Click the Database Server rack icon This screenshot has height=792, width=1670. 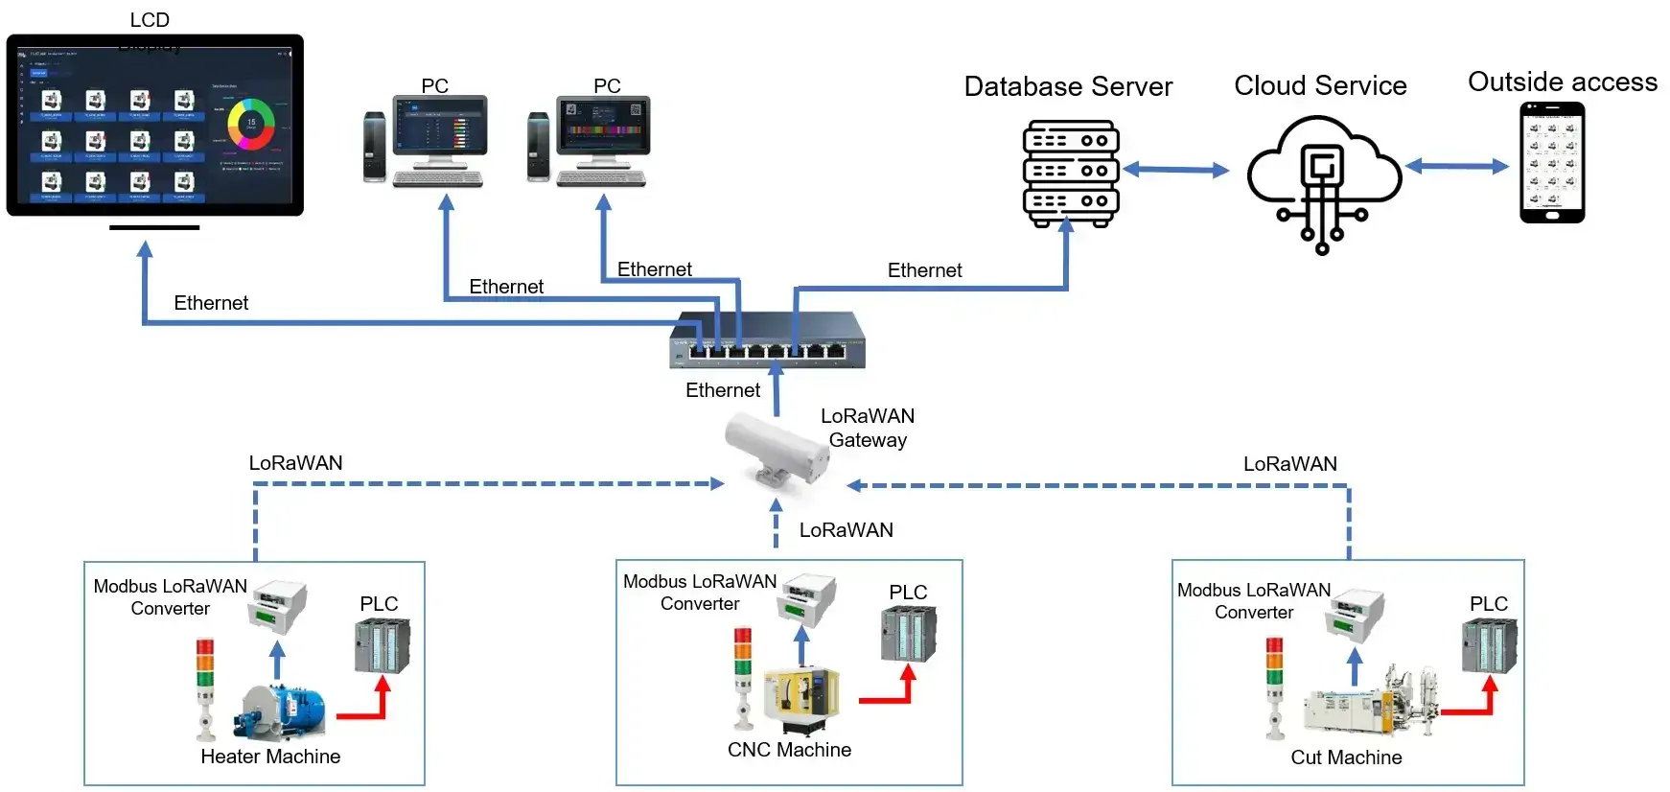coord(1071,173)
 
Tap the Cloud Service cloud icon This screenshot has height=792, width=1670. coord(1322,173)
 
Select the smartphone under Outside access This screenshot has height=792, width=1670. coord(1552,163)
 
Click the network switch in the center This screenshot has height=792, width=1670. coord(767,340)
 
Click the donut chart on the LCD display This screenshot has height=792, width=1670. coord(251,124)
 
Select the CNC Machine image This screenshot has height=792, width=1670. coord(801,701)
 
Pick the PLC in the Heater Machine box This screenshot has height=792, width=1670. coord(382,645)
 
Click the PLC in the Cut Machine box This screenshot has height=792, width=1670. coord(1489,645)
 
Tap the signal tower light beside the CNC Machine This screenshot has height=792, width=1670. coord(744,676)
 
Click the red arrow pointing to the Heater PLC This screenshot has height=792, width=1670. coord(364,706)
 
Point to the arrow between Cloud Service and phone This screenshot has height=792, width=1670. coord(1457,167)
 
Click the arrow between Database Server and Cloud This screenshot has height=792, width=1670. coord(1175,171)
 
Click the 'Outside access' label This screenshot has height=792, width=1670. coord(1562,82)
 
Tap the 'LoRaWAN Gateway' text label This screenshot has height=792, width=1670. coord(868,428)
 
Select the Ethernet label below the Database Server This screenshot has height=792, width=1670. coord(924,270)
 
